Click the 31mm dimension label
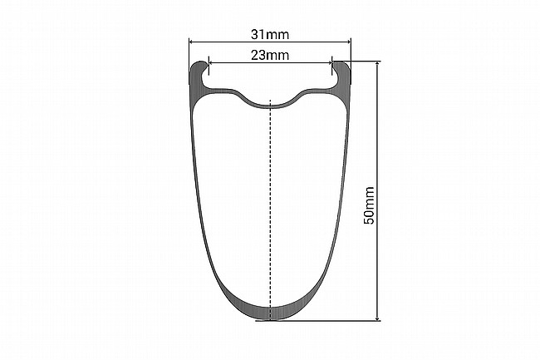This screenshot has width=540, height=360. [x=270, y=34]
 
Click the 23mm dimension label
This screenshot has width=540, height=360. [x=270, y=55]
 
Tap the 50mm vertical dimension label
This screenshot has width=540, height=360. [x=369, y=205]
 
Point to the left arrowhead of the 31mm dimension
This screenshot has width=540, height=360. [x=192, y=42]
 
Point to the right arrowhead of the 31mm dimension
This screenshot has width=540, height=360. [x=348, y=42]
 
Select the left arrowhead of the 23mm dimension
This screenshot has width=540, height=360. [x=212, y=62]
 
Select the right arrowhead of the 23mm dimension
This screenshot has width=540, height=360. [x=329, y=62]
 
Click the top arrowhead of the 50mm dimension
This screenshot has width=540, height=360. [x=378, y=65]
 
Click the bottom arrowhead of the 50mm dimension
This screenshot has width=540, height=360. [x=378, y=318]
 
